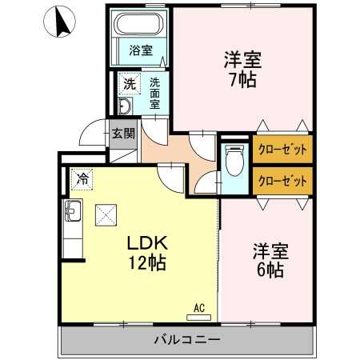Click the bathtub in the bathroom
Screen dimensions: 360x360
pyautogui.click(x=142, y=27)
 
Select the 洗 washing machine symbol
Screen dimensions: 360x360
pyautogui.click(x=129, y=82)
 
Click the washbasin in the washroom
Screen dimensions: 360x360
pyautogui.click(x=126, y=106)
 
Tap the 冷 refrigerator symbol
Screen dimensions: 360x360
pyautogui.click(x=82, y=179)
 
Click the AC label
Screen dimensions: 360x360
pyautogui.click(x=201, y=306)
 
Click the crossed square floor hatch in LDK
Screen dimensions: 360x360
pyautogui.click(x=106, y=214)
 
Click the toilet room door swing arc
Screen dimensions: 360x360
pyautogui.click(x=208, y=182)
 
